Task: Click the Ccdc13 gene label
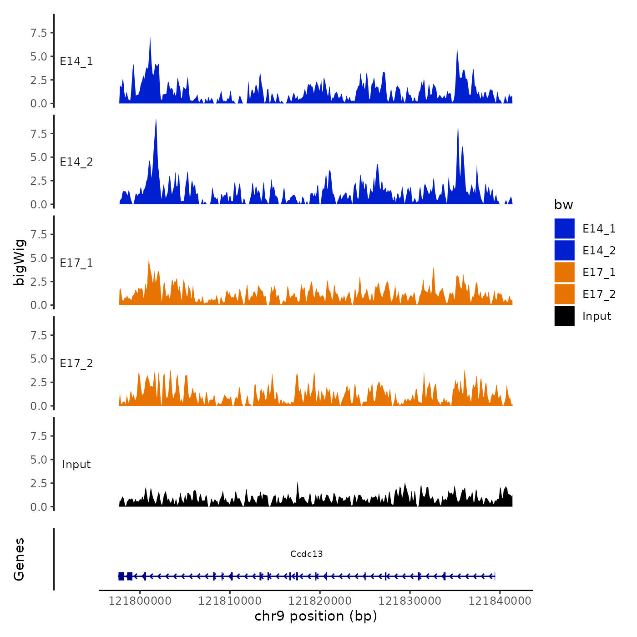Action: (306, 554)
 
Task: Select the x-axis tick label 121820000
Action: (320, 601)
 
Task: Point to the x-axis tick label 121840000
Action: (500, 601)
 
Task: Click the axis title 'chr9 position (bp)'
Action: (316, 616)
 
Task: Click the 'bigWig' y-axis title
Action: (19, 262)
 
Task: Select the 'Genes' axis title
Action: (19, 559)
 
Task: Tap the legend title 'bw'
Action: (563, 205)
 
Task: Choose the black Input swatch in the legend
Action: (564, 316)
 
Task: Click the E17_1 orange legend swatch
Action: (564, 272)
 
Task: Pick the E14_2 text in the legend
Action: (599, 251)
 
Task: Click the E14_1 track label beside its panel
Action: (76, 61)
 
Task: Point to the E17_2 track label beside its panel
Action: (76, 364)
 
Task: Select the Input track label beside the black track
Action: (76, 465)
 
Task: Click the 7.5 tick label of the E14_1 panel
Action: (39, 33)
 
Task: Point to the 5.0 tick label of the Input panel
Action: (39, 460)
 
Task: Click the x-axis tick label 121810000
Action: (230, 601)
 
